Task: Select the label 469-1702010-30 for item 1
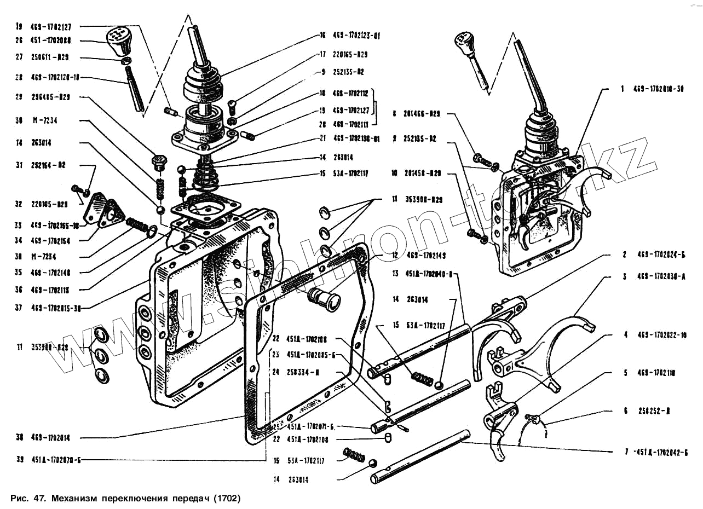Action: click(x=659, y=89)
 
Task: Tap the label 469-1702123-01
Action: click(x=356, y=36)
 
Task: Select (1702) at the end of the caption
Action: click(x=227, y=499)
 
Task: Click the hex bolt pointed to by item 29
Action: click(x=158, y=163)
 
